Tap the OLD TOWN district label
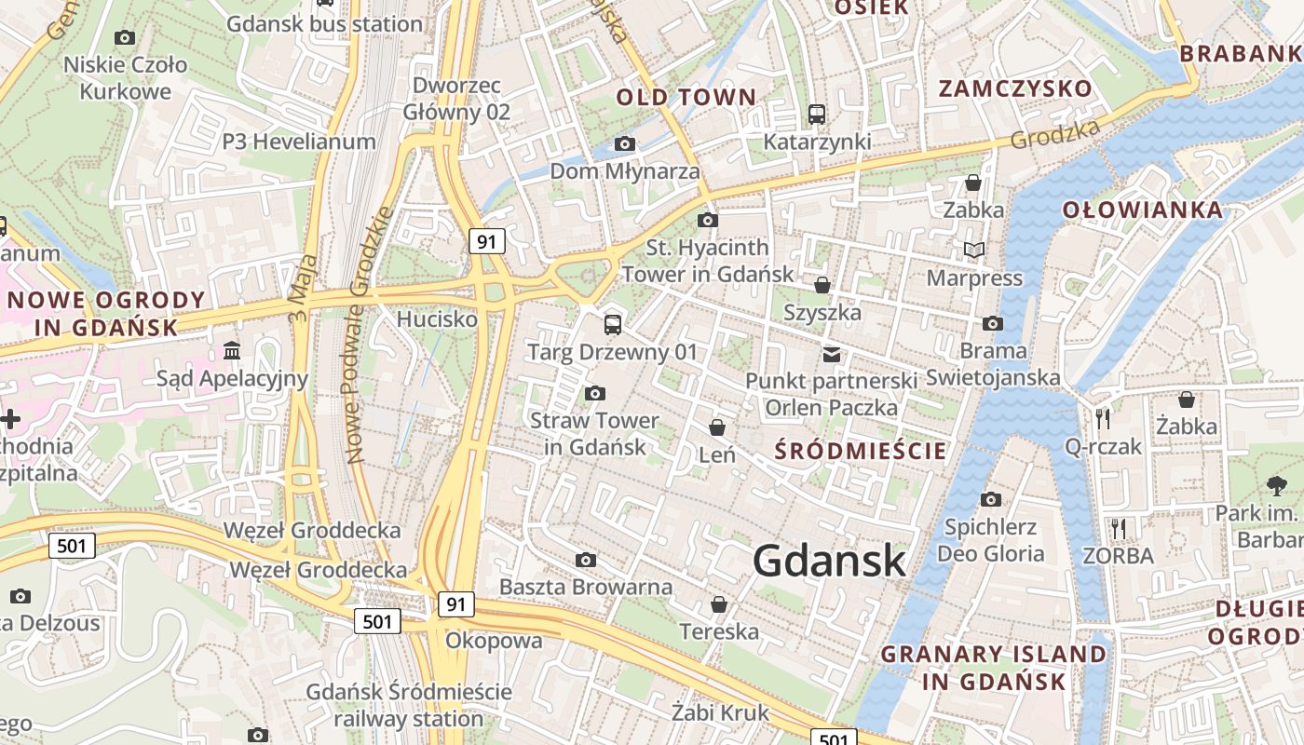click(x=686, y=97)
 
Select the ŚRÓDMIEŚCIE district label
click(x=861, y=452)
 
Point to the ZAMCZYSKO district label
click(x=1015, y=89)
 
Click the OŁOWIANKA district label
click(x=1143, y=210)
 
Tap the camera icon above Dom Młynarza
click(x=625, y=143)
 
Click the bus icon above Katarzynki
click(x=817, y=115)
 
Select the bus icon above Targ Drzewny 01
click(x=612, y=324)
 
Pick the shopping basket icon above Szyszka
click(x=822, y=285)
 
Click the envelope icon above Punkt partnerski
click(x=831, y=354)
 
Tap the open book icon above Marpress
click(x=974, y=251)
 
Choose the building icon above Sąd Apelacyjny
click(x=232, y=351)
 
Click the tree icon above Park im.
click(x=1276, y=485)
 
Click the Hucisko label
click(x=437, y=319)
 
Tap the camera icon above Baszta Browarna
click(x=586, y=560)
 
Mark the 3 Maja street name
click(x=299, y=290)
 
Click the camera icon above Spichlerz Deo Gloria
click(x=991, y=500)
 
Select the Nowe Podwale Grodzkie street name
click(x=368, y=335)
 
